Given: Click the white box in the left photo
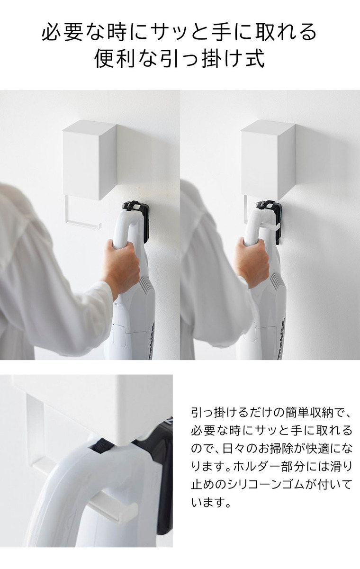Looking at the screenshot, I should point(89,159).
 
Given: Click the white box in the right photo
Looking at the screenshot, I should point(268,158).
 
